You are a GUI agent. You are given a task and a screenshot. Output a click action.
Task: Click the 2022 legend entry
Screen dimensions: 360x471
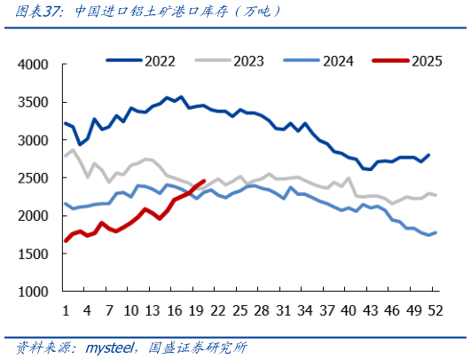tap(141, 61)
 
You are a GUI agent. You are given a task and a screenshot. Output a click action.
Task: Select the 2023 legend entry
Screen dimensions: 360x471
tap(230, 61)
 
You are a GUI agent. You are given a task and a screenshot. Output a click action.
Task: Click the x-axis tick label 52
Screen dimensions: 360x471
tap(436, 310)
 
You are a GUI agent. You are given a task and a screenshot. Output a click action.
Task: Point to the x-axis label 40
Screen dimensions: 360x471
tap(349, 310)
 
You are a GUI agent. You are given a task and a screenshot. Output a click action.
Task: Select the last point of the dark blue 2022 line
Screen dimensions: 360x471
tap(428, 155)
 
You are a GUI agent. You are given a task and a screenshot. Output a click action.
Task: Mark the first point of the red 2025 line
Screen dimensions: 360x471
tap(66, 240)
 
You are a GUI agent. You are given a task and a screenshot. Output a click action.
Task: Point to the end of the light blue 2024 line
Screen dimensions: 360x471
tap(436, 232)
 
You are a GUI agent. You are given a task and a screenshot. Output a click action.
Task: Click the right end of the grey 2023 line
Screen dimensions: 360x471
tap(436, 195)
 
